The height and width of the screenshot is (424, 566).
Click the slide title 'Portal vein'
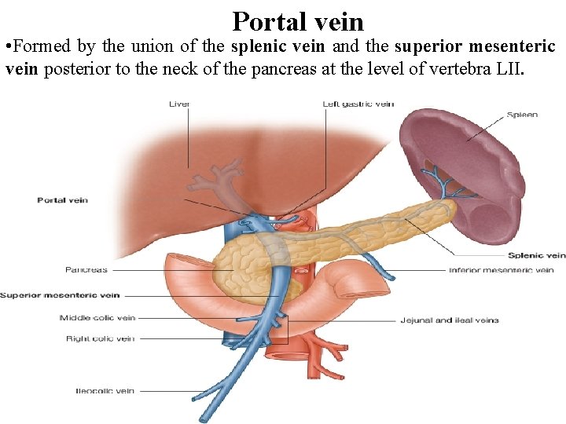[298, 20]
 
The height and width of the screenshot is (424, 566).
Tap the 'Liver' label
[179, 104]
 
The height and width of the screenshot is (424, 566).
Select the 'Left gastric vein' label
[358, 104]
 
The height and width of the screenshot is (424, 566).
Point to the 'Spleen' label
[522, 115]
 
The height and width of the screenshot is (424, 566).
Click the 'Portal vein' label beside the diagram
[62, 200]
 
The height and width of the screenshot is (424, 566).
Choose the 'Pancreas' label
[86, 270]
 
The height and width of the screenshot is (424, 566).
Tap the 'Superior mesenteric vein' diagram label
[61, 295]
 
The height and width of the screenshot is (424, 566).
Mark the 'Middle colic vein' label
[97, 318]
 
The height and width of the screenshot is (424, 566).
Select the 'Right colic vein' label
[101, 338]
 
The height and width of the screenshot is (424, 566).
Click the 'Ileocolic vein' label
[105, 390]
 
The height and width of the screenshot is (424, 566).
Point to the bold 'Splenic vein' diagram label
[537, 255]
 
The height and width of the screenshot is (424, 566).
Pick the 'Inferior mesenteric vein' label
[502, 270]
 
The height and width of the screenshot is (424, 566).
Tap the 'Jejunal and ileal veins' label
[449, 320]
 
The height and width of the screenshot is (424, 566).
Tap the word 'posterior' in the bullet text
[72, 69]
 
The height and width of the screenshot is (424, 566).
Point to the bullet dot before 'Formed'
[8, 47]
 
